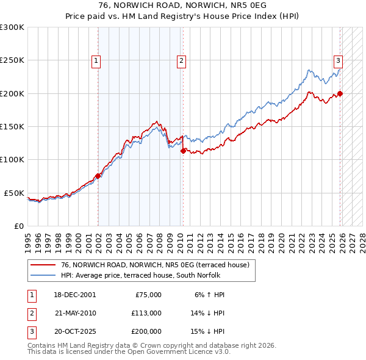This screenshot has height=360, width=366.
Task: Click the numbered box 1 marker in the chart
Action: click(96, 60)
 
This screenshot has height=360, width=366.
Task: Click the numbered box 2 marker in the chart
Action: click(182, 60)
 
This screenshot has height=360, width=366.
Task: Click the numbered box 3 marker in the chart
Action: click(338, 60)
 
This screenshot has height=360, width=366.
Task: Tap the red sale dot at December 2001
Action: click(98, 176)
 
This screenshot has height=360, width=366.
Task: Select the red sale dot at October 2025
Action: click(340, 93)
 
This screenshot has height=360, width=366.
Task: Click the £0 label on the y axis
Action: click(18, 226)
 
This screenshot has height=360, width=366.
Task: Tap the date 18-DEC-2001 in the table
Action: click(75, 295)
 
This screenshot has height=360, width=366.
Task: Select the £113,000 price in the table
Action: click(146, 313)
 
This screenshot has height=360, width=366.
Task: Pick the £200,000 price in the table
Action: click(146, 331)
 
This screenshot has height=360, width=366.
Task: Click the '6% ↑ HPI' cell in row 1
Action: click(210, 295)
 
